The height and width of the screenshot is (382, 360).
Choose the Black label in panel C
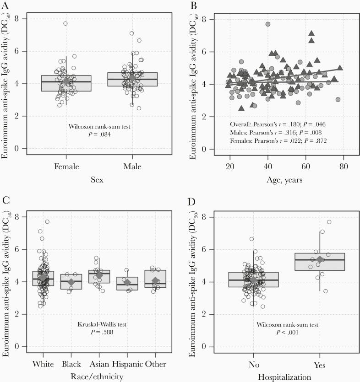71,364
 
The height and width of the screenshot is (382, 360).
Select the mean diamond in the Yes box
320,259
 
